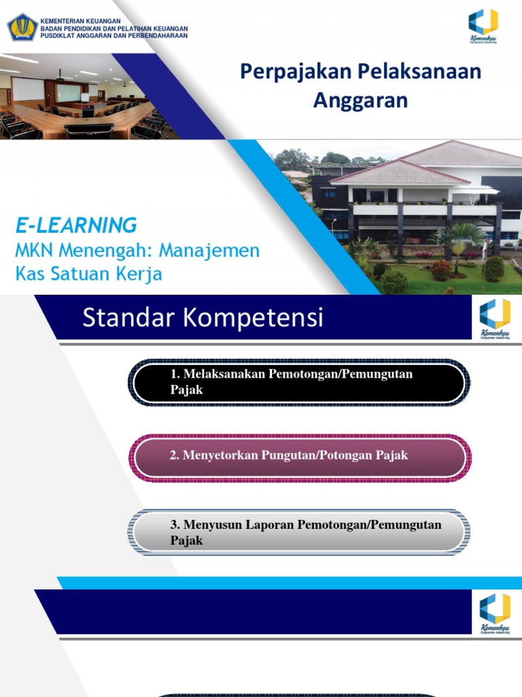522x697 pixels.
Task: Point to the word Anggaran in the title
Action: point(360,100)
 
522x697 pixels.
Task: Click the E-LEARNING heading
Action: point(76,225)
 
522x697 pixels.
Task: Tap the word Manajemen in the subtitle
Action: point(209,250)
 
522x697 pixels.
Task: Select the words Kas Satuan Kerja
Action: point(88,274)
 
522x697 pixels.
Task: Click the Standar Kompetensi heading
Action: point(203,318)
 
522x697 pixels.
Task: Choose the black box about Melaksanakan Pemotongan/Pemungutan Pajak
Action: point(298,383)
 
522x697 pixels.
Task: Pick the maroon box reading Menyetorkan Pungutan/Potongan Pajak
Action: point(298,456)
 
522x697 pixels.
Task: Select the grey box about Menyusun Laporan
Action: point(298,532)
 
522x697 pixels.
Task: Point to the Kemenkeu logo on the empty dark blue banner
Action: point(494,612)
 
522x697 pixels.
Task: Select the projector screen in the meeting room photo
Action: point(27,88)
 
